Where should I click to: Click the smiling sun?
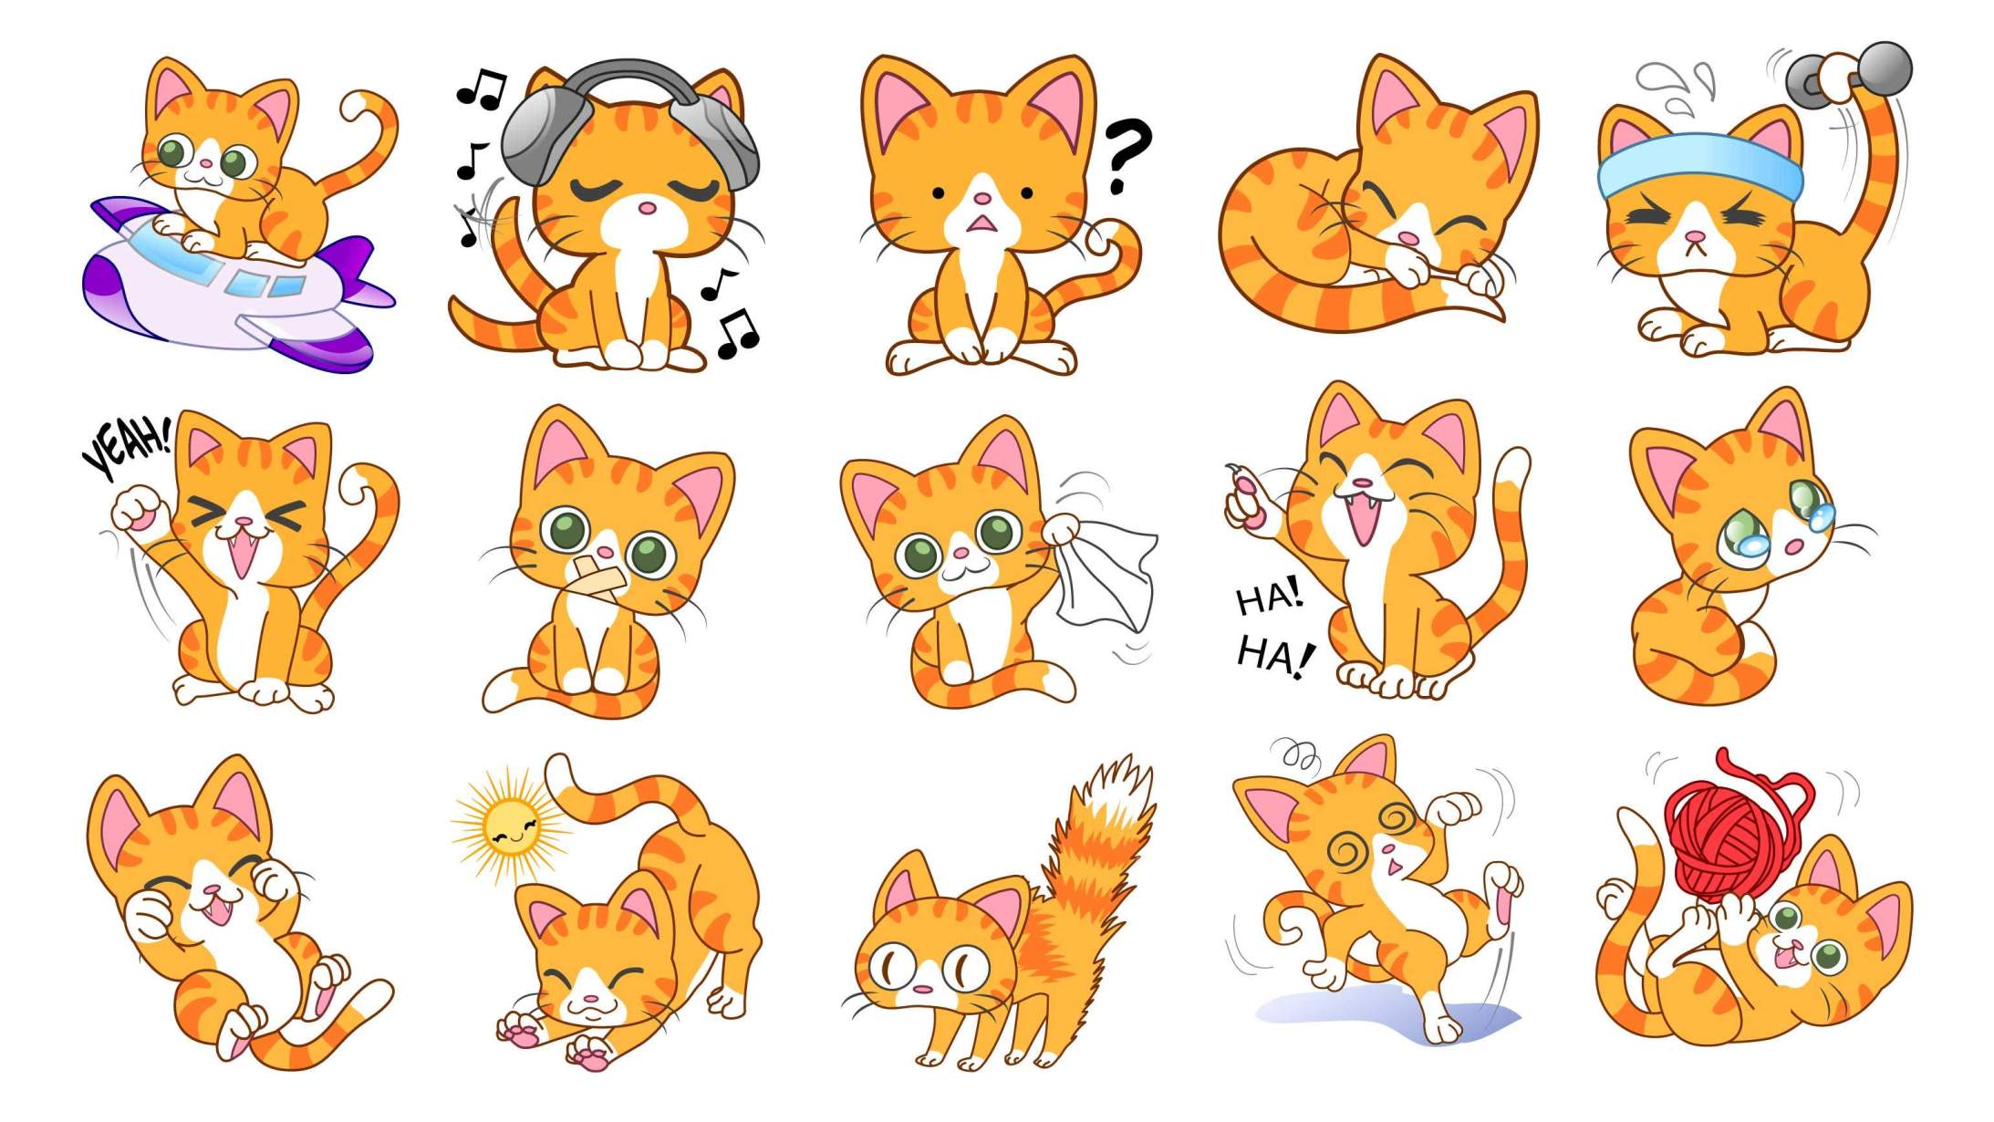click(x=512, y=826)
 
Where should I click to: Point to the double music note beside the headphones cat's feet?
click(x=737, y=333)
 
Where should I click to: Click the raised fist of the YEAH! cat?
click(x=137, y=511)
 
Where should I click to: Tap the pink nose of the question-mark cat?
click(x=981, y=198)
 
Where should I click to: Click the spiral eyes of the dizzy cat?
click(x=1372, y=836)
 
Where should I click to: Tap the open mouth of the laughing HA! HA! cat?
click(x=1361, y=519)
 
